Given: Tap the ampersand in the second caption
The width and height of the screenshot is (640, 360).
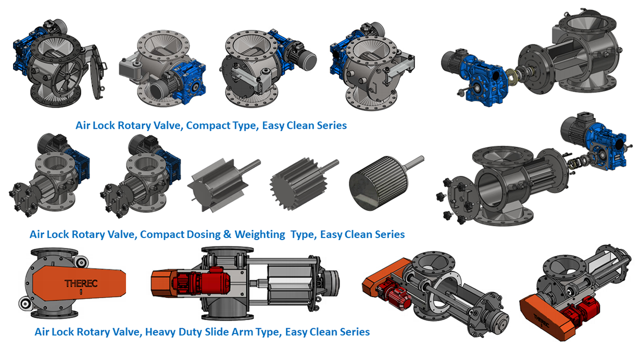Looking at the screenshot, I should tap(227, 234).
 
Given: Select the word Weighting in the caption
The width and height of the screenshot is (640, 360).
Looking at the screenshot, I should tap(260, 234).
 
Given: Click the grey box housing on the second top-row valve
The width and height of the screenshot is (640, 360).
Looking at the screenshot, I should tap(132, 68).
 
